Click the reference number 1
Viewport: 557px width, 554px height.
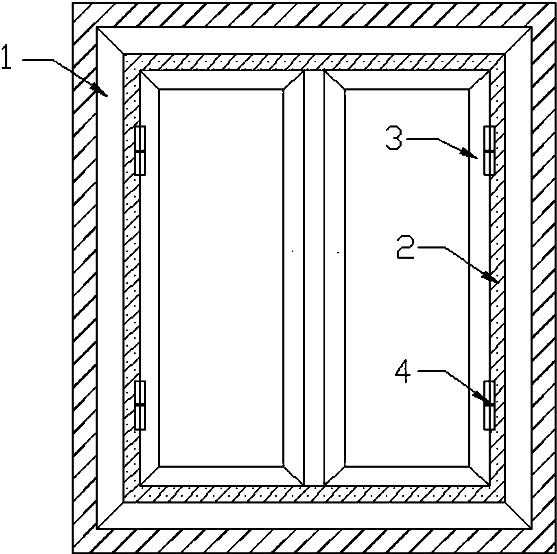[x=7, y=57]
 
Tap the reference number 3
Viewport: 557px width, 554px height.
[x=394, y=138]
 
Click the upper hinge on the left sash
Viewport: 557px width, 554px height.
[x=140, y=150]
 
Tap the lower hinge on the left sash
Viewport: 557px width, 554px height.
[x=140, y=405]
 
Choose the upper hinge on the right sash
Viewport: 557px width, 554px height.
[x=489, y=150]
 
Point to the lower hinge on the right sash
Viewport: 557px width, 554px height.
[x=489, y=405]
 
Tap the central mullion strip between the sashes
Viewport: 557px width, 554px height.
[x=314, y=278]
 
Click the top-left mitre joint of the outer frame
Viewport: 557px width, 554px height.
[x=110, y=40]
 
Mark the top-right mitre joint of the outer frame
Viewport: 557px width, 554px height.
[x=518, y=40]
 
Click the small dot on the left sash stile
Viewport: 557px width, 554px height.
[x=293, y=251]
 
